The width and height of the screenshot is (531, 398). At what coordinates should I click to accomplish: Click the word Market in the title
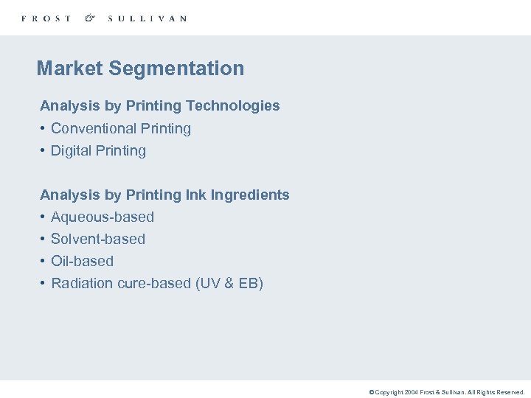tap(69, 69)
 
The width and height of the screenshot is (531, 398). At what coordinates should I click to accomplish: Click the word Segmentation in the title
tap(176, 69)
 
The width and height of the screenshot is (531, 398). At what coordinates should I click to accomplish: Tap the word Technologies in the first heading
tap(241, 106)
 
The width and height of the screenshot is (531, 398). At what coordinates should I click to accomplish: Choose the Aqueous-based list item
tap(103, 217)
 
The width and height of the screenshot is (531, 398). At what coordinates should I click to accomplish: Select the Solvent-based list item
tap(98, 239)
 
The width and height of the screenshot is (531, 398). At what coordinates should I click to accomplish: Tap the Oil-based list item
tap(82, 261)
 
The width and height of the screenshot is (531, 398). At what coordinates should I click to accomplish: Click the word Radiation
tap(82, 283)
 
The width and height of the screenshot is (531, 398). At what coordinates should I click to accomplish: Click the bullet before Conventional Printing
tap(44, 128)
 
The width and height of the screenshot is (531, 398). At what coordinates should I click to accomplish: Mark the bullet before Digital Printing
tap(44, 150)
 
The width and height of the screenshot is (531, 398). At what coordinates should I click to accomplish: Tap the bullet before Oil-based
tap(44, 261)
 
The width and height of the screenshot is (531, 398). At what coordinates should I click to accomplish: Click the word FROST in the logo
tap(46, 18)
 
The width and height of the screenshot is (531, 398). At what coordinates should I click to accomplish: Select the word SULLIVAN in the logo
tap(147, 18)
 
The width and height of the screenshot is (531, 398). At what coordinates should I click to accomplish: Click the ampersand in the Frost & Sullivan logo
tap(90, 18)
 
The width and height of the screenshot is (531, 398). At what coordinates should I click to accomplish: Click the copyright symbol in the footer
tap(372, 392)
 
